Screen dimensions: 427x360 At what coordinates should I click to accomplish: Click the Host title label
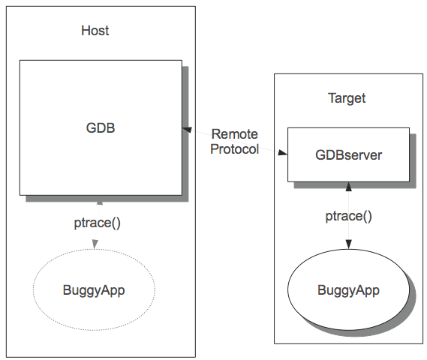pos(95,31)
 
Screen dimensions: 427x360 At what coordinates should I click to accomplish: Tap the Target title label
pos(347,98)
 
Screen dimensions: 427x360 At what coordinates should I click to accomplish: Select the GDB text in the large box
pos(101,128)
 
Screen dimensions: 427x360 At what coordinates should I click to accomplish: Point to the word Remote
pos(235,134)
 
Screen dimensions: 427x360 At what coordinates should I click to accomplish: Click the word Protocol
pos(234,149)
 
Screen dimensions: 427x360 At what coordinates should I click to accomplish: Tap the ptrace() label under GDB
pos(98,223)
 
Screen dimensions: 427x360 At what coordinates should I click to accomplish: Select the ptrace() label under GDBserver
pos(348,216)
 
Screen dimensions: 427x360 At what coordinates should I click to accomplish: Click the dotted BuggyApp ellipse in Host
pos(33,289)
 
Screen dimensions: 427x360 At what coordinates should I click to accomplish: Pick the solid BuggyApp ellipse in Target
pos(288,289)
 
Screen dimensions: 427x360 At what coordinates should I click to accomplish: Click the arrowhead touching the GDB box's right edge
pos(187,130)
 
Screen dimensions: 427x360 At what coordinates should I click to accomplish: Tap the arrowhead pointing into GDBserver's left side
pos(282,152)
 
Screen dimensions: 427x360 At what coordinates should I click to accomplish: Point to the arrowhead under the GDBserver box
pos(348,187)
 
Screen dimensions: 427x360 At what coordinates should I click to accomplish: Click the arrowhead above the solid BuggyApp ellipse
pos(348,244)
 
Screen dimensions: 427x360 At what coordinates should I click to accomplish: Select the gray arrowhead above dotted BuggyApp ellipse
pos(95,244)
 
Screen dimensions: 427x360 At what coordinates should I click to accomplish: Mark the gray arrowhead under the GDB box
pos(100,200)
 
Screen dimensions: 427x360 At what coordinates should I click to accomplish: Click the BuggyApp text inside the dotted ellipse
pos(94,290)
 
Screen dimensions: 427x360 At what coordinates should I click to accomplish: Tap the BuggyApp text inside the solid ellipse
pos(348,290)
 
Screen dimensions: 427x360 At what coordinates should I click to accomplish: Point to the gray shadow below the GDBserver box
pos(355,185)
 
